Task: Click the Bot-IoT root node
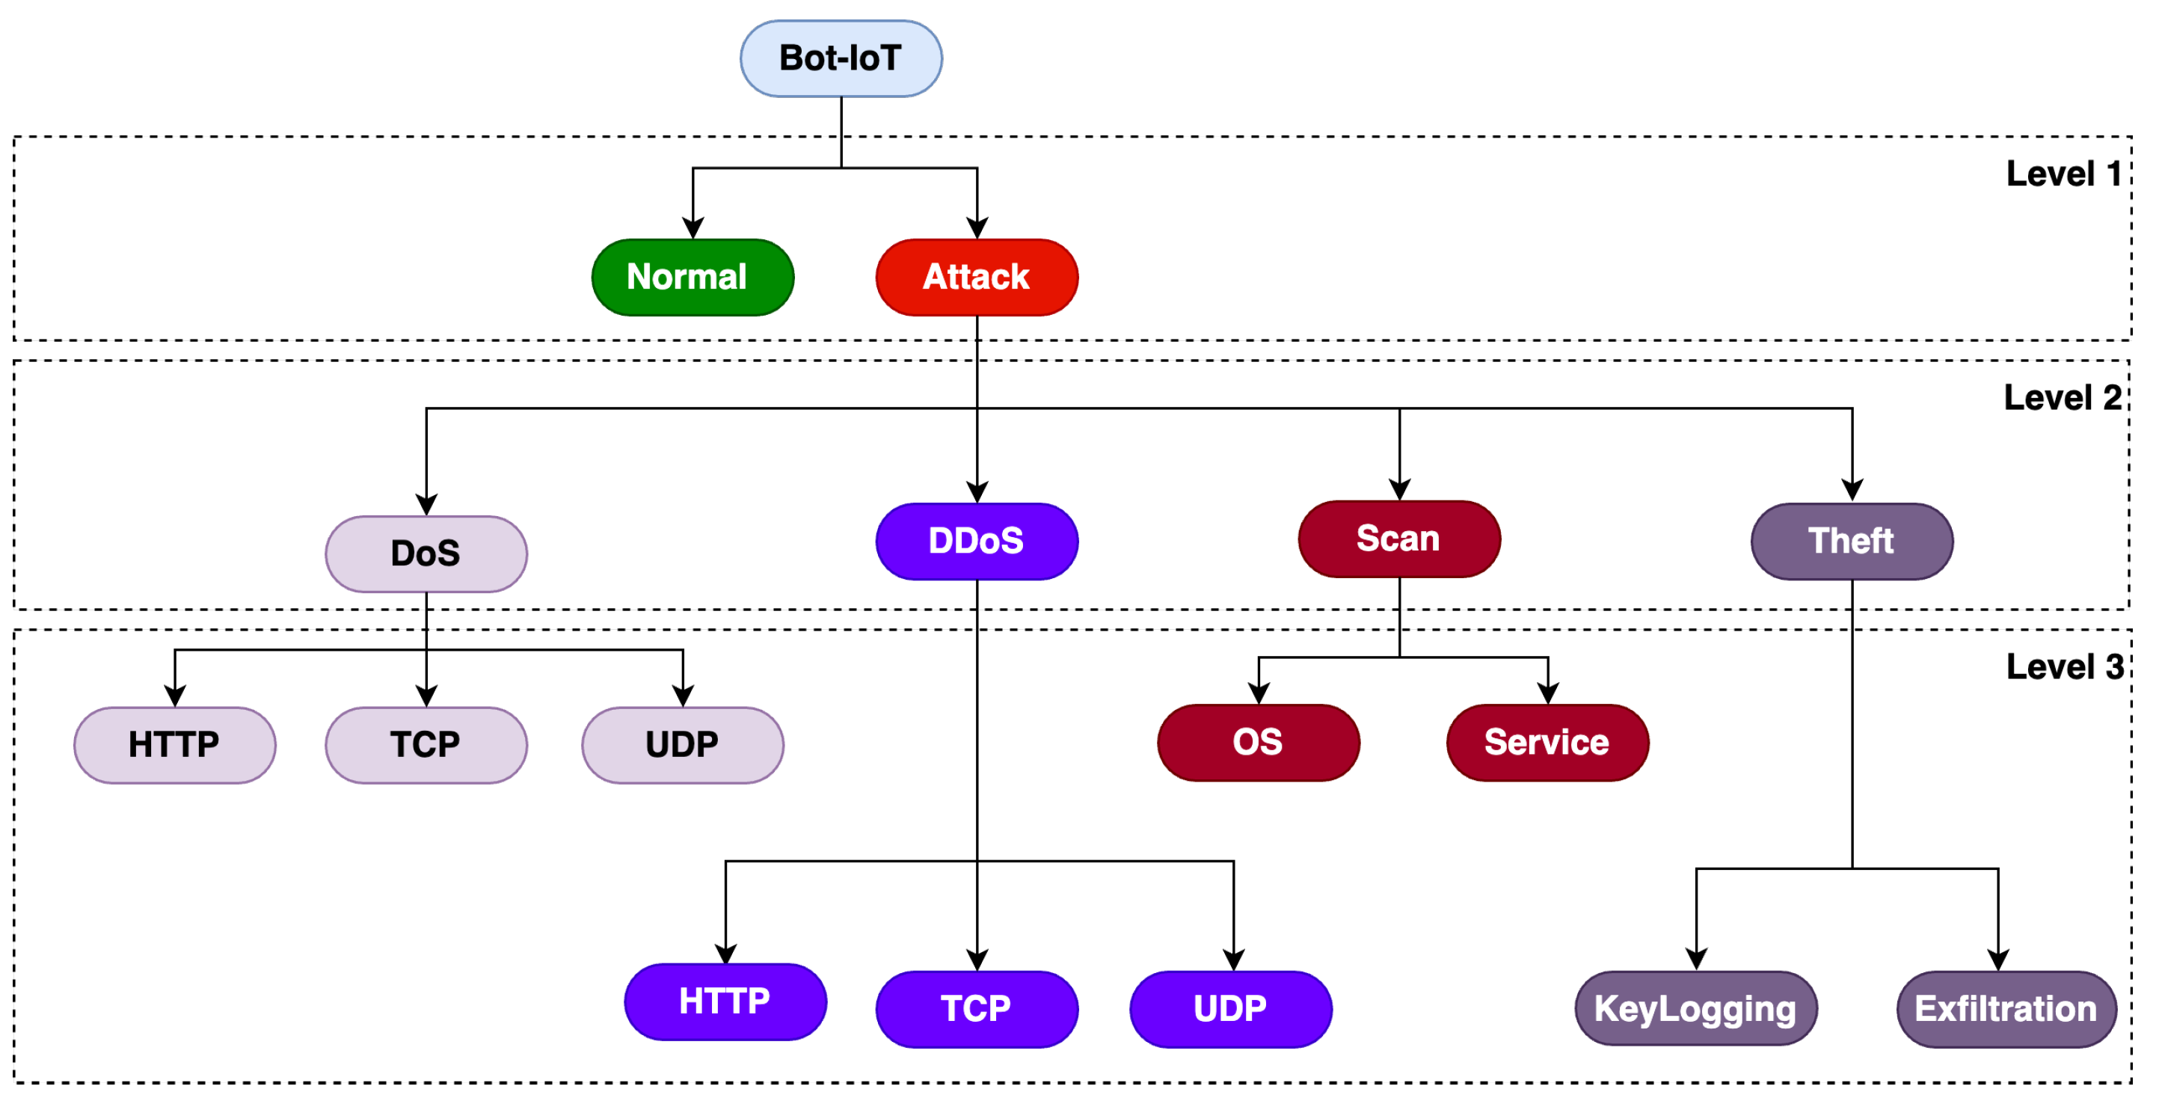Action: [841, 58]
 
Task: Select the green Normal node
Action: [692, 277]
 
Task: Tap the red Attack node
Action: [977, 277]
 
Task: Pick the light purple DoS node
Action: [426, 554]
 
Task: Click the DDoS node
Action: [977, 542]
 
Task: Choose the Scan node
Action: [1398, 539]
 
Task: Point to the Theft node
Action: [1852, 542]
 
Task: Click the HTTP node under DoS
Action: [174, 745]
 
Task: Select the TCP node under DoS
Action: [426, 745]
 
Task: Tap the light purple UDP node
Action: [682, 745]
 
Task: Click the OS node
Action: [1258, 743]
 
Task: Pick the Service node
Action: [1547, 743]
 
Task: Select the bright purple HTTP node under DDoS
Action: [725, 1002]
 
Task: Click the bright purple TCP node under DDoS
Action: [977, 1009]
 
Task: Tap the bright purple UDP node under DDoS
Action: [1230, 1009]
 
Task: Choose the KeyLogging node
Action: [1695, 1008]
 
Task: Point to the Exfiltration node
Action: [2006, 1009]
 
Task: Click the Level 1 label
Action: [2063, 174]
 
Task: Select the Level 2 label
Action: [2063, 398]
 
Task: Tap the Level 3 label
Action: [2064, 667]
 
